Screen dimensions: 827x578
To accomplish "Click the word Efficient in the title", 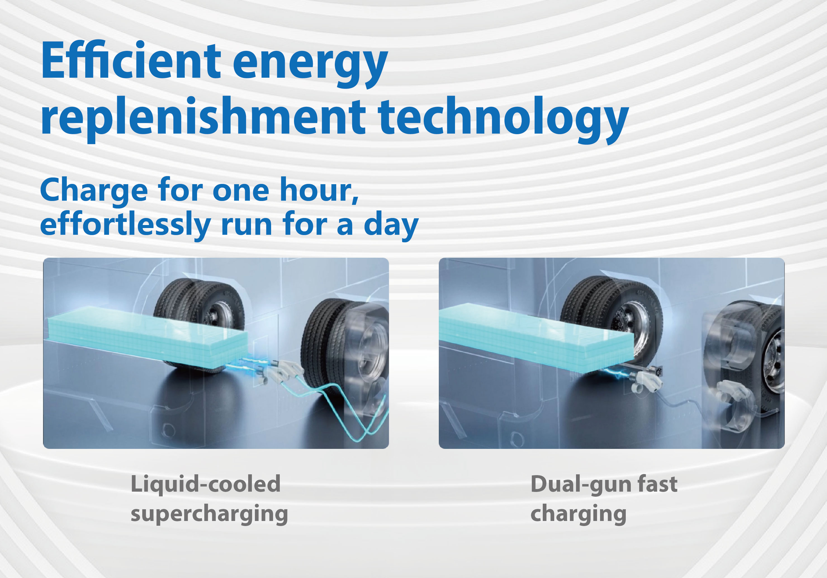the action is click(x=131, y=60).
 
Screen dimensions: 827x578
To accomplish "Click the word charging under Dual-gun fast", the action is click(x=579, y=514).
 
